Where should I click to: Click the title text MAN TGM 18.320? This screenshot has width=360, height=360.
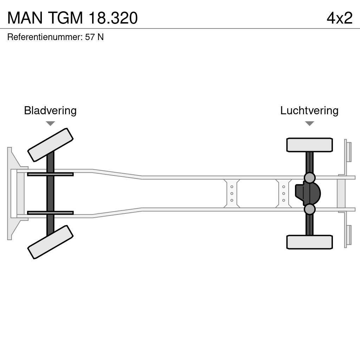pyautogui.click(x=72, y=18)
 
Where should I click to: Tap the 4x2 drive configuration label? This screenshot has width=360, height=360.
pyautogui.click(x=339, y=18)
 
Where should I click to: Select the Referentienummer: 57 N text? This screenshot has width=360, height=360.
pyautogui.click(x=55, y=37)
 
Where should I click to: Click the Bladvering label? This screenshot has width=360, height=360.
pyautogui.click(x=50, y=110)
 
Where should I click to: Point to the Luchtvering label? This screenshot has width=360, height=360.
pyautogui.click(x=309, y=110)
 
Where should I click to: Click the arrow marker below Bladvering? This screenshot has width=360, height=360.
pyautogui.click(x=50, y=123)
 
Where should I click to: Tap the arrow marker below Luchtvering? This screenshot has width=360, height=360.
pyautogui.click(x=309, y=123)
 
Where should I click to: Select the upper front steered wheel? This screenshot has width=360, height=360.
pyautogui.click(x=50, y=145)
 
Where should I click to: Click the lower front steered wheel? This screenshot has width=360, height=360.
pyautogui.click(x=50, y=242)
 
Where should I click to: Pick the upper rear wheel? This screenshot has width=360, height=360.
pyautogui.click(x=309, y=145)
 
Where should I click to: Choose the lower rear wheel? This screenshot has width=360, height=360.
pyautogui.click(x=309, y=242)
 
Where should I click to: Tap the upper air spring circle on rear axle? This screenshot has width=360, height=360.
pyautogui.click(x=309, y=178)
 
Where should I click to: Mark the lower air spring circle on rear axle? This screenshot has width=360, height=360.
pyautogui.click(x=309, y=209)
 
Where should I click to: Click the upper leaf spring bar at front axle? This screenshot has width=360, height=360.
pyautogui.click(x=50, y=174)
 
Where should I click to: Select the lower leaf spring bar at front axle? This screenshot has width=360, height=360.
pyautogui.click(x=50, y=213)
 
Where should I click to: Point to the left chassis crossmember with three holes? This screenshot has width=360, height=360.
pyautogui.click(x=232, y=193)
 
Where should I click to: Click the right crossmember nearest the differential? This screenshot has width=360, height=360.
pyautogui.click(x=283, y=193)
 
